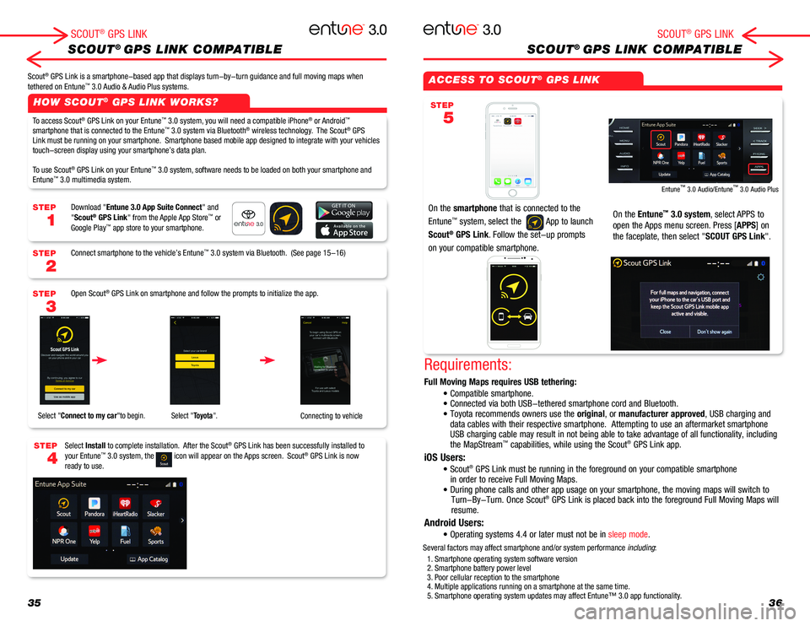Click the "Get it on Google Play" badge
pyautogui.click(x=344, y=211)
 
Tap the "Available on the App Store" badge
pyautogui.click(x=344, y=231)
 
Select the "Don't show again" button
pyautogui.click(x=715, y=332)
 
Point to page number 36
pyautogui.click(x=775, y=602)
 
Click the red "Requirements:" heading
pyautogui.click(x=467, y=365)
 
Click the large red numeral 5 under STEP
pyautogui.click(x=447, y=118)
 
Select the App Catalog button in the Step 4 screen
pyautogui.click(x=148, y=559)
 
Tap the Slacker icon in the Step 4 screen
pyautogui.click(x=155, y=506)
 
